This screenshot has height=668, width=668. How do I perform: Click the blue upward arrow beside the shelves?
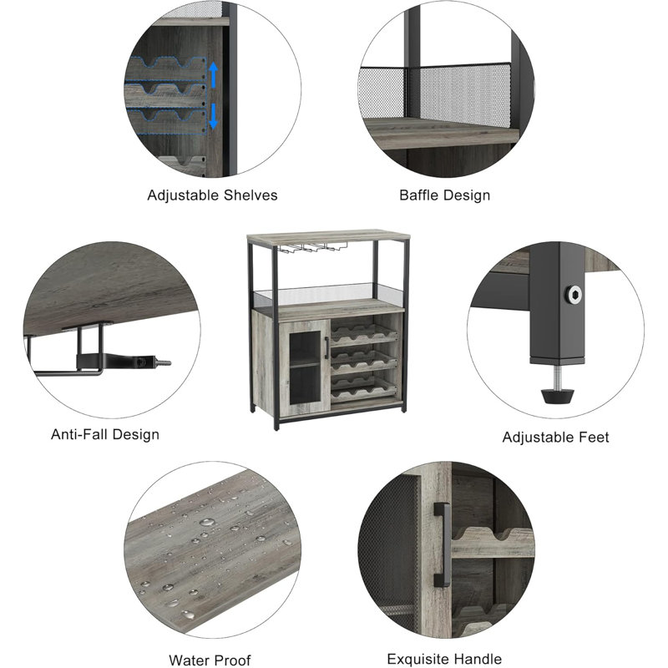point(214,75)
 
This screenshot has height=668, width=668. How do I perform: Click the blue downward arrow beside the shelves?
point(214,116)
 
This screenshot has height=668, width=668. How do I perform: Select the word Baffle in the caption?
point(418,195)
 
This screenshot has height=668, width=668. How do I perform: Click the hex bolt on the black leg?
point(574,294)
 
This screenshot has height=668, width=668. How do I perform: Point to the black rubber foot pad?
point(557,395)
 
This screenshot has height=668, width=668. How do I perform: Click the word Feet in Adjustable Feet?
point(594,437)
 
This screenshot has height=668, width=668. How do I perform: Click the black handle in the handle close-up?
point(443,544)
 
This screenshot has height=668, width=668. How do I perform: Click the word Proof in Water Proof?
point(230,660)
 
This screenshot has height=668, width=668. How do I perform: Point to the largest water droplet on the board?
point(207,522)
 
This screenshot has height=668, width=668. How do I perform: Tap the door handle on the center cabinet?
point(326,347)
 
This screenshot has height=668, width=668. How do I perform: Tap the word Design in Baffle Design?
point(466,195)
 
